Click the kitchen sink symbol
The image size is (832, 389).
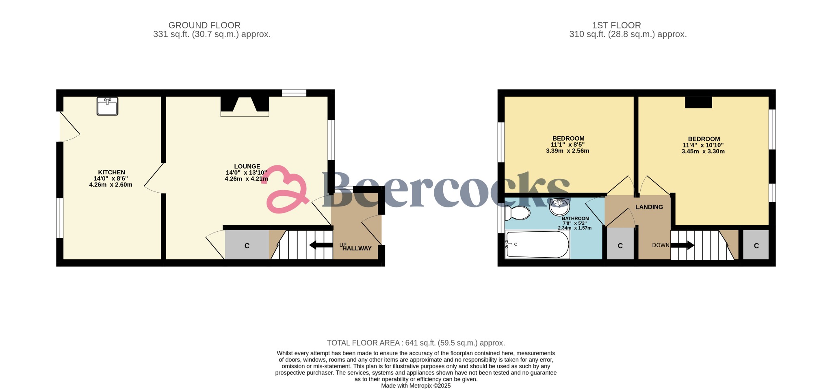click(107, 106)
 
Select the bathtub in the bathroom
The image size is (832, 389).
click(537, 245)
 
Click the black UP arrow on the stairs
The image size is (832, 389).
click(321, 245)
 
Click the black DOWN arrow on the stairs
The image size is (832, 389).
click(682, 245)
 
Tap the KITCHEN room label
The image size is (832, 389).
click(111, 172)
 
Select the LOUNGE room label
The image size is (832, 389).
click(247, 166)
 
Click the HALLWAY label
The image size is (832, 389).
click(357, 248)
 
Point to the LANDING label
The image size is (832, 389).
click(649, 207)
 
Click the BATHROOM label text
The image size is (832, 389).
click(575, 218)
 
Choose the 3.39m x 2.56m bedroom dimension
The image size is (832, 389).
click(568, 151)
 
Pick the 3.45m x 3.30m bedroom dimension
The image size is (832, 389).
click(703, 151)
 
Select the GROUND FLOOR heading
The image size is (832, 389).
click(204, 25)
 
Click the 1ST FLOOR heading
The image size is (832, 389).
click(616, 25)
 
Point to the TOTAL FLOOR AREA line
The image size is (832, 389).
click(416, 343)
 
